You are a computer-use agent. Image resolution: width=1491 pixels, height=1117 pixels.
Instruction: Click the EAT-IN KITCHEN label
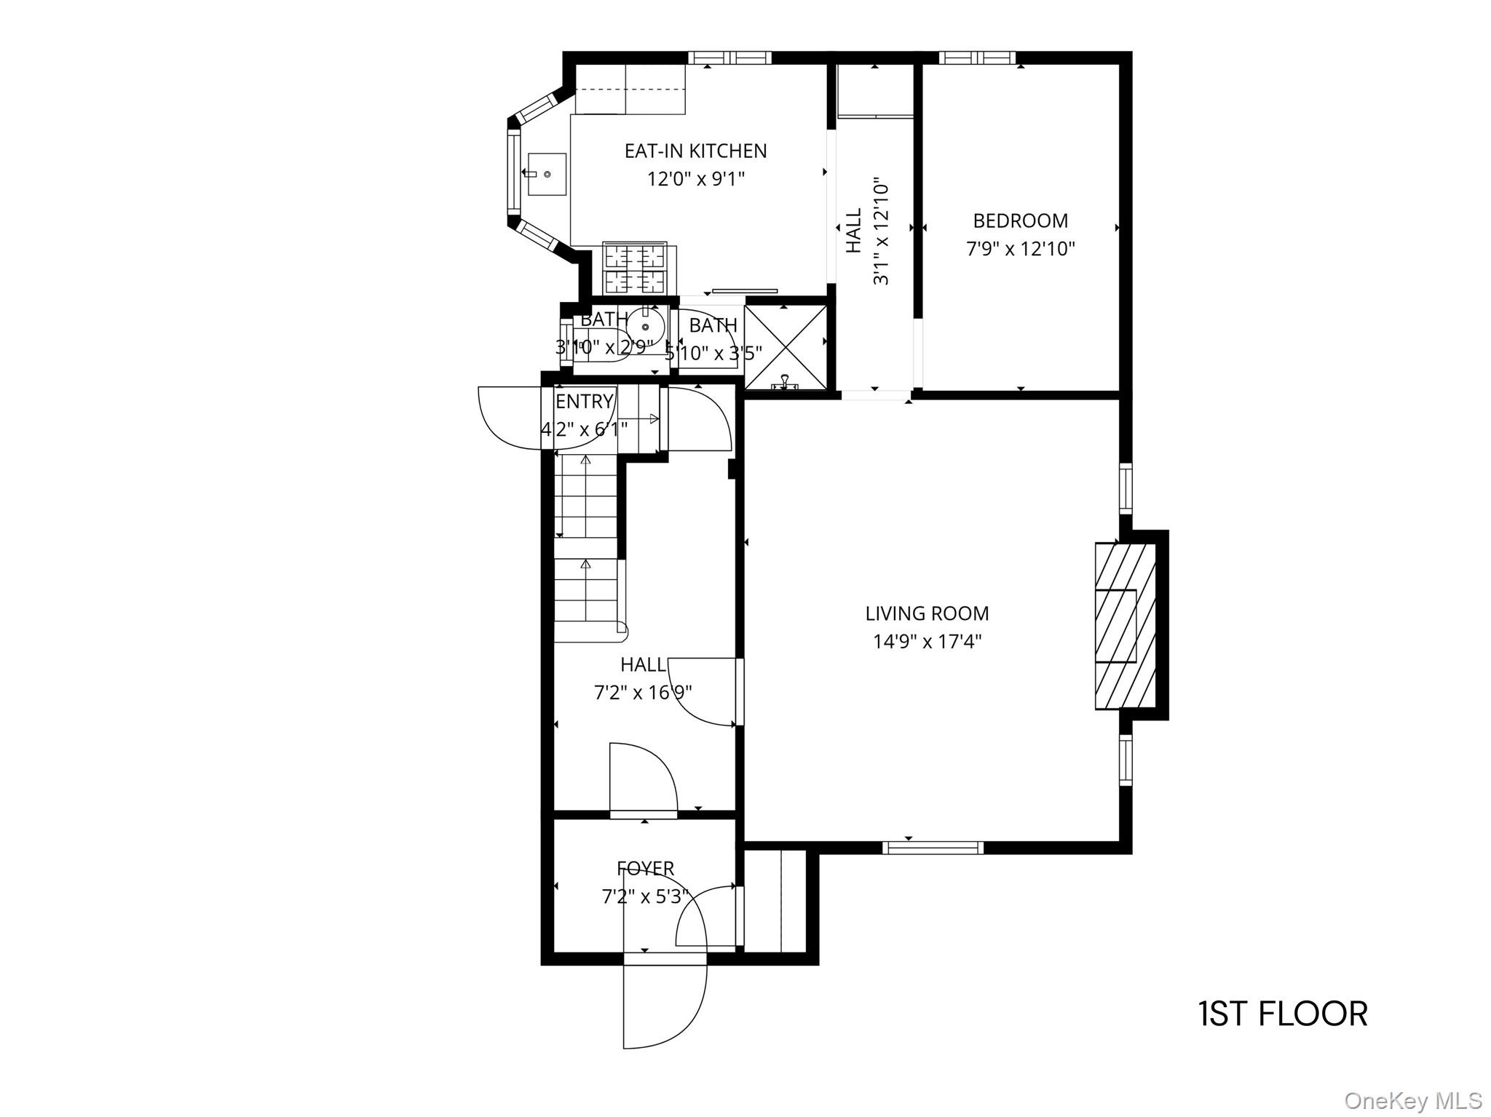(x=695, y=151)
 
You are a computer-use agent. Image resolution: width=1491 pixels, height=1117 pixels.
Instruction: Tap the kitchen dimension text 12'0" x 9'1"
(x=695, y=179)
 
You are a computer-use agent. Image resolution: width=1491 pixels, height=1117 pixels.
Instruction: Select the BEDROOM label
(x=1020, y=220)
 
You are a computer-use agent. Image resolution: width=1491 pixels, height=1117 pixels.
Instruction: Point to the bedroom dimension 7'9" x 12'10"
(x=1020, y=249)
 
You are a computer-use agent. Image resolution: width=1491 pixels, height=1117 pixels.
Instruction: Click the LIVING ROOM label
(x=927, y=613)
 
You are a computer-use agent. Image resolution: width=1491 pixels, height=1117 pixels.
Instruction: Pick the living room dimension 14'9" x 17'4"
(x=927, y=642)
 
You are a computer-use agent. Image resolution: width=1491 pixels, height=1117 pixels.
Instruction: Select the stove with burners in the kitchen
(x=635, y=268)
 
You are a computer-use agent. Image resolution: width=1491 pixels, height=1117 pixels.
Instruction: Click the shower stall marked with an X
(x=786, y=346)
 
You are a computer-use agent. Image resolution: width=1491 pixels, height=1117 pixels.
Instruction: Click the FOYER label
(x=645, y=868)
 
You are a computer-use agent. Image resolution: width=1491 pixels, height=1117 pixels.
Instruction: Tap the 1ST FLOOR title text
(x=1283, y=1014)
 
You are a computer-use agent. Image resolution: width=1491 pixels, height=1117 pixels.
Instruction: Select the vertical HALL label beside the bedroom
(x=854, y=231)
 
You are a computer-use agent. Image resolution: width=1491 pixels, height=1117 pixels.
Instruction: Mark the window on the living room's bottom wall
(x=933, y=847)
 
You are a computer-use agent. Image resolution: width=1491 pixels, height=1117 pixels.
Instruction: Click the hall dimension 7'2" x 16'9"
(x=643, y=693)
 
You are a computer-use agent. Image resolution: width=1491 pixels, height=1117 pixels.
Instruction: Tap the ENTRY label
(x=584, y=402)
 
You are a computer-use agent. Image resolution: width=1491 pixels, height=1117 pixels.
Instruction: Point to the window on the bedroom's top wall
(x=976, y=57)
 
